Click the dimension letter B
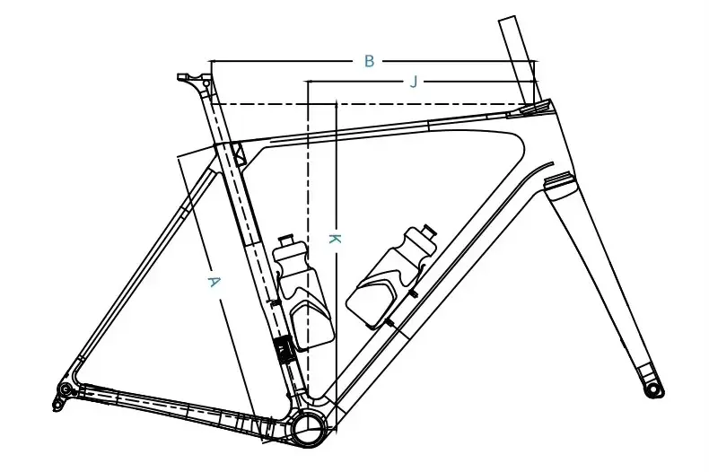pos(369,61)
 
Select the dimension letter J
pos(414,82)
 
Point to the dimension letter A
pos(214,282)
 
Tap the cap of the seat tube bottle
pos(286,243)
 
